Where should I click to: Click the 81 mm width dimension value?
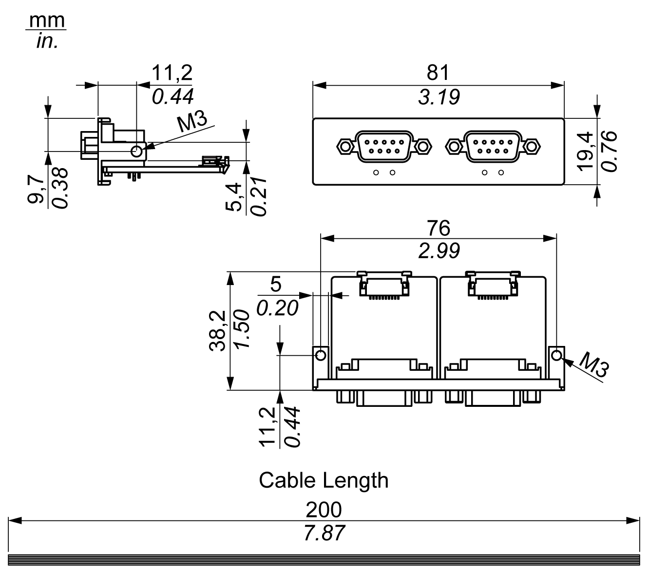[438, 73]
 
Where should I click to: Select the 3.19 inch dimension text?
[439, 97]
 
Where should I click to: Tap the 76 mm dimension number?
[438, 228]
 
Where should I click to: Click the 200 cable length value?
[324, 510]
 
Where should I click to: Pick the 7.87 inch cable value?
[324, 534]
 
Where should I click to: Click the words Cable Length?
[324, 480]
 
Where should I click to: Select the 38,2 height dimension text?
[218, 331]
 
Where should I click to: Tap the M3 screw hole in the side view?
[137, 151]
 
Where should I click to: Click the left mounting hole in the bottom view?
[321, 355]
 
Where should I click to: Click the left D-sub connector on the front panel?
[384, 146]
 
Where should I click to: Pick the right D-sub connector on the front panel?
[493, 146]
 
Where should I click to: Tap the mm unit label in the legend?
[47, 20]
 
